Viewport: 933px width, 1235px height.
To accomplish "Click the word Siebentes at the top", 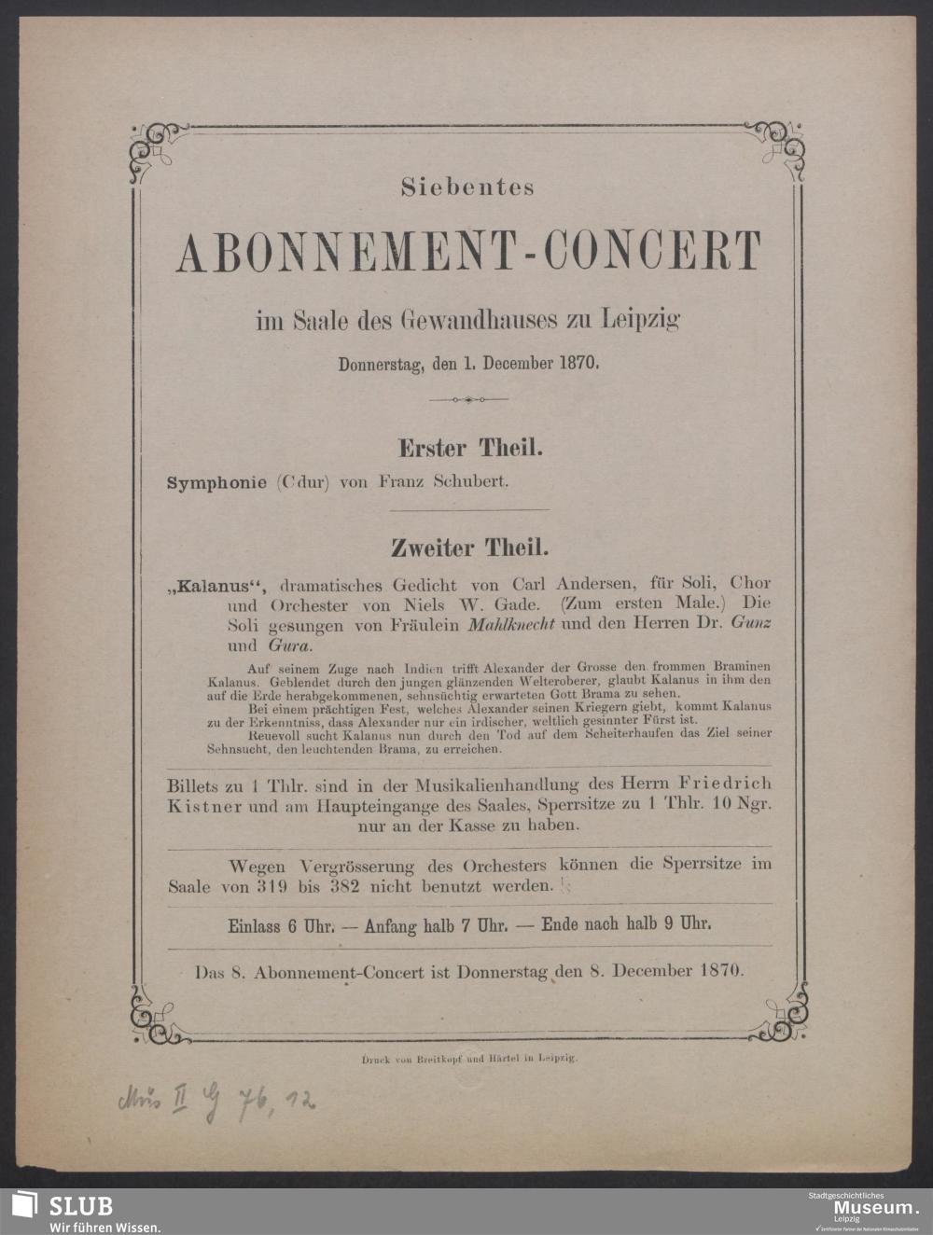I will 467,187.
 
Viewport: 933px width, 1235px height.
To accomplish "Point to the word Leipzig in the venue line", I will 644,320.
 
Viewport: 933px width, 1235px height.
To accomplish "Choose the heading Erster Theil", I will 470,449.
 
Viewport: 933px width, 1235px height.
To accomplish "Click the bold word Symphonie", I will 216,483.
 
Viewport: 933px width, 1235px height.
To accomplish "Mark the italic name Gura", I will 289,645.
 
